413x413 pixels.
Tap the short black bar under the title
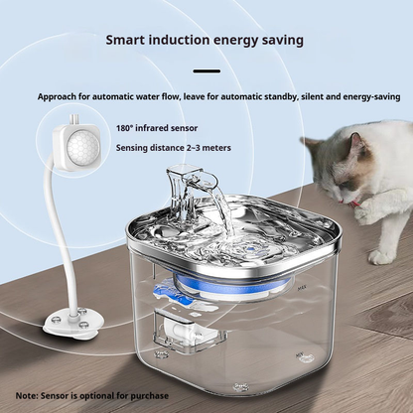click(206, 70)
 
